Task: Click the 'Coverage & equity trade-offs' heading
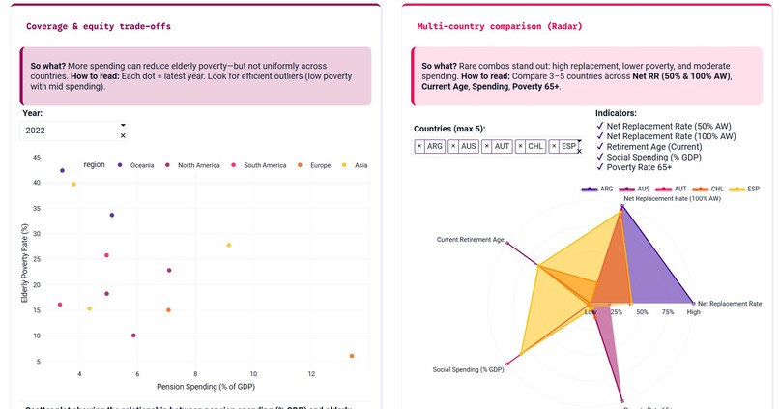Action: [99, 26]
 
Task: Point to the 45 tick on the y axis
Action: [37, 158]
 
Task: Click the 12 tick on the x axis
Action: [311, 373]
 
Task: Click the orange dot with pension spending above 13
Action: [352, 356]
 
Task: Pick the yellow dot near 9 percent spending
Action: [229, 245]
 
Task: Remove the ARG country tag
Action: [419, 146]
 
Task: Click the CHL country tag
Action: [534, 146]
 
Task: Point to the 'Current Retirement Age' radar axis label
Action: [470, 239]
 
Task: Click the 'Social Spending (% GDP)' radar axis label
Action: [468, 369]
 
